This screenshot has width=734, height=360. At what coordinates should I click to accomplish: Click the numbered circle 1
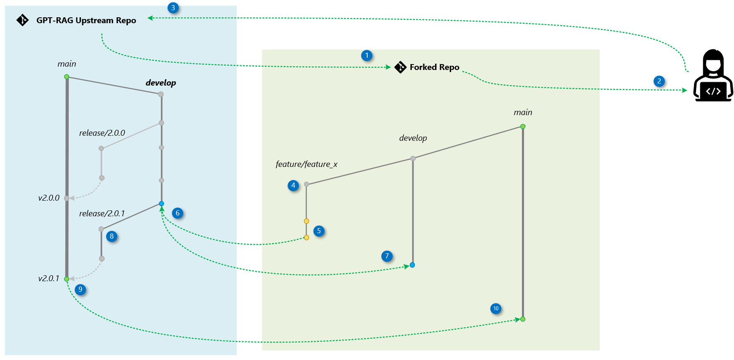coord(367,56)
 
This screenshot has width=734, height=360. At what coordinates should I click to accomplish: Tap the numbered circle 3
coord(173,8)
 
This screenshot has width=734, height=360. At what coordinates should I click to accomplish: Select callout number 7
coord(387,256)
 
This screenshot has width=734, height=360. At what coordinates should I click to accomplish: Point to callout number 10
coord(496,309)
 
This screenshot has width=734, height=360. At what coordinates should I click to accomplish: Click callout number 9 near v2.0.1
coord(80,290)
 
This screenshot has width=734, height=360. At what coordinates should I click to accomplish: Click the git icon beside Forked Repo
coord(400,67)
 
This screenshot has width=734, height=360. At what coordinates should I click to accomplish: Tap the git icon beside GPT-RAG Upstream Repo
coord(22,20)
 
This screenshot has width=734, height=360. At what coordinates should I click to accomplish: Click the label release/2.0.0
coord(102,133)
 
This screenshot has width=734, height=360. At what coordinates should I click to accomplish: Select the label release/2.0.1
coord(102,214)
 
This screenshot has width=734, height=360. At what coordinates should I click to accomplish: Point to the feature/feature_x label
coord(307,164)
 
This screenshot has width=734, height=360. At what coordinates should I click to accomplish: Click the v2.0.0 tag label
coord(49,198)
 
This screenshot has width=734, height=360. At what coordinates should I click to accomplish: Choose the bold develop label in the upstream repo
coord(161,83)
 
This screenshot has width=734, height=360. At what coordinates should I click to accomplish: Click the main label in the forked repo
coord(523,113)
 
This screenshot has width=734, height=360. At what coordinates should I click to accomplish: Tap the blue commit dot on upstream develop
coord(161,204)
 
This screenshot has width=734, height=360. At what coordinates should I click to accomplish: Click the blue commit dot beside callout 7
coord(412,265)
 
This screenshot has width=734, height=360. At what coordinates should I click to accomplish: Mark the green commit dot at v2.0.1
coord(67,279)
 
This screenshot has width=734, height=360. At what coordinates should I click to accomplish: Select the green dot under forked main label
coord(523,126)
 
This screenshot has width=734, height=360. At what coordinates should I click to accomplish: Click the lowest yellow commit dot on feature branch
coord(307,238)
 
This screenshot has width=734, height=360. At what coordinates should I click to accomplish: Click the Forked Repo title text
coord(434,67)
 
